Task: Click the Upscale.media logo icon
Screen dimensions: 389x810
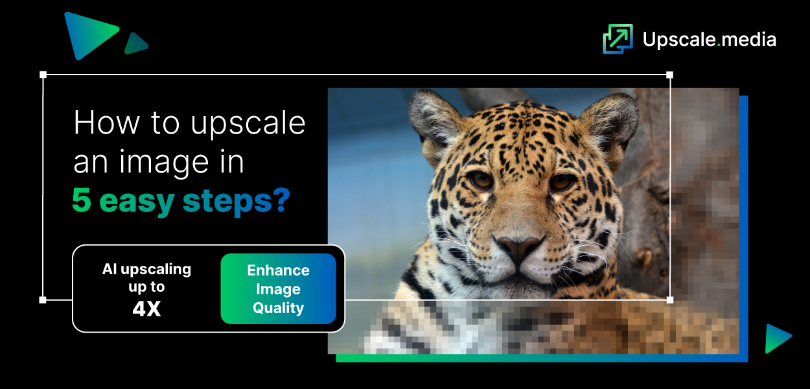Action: click(617, 39)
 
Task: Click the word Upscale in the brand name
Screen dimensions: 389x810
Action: click(678, 40)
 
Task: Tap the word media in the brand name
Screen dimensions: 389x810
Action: click(749, 40)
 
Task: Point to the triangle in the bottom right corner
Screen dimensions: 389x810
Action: click(776, 338)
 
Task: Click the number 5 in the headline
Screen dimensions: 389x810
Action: click(82, 201)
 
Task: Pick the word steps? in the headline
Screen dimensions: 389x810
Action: click(236, 202)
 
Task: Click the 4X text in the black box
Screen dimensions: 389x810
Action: click(146, 309)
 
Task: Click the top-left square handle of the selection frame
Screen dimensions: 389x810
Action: click(43, 75)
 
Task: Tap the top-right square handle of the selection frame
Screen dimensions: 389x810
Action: click(669, 75)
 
